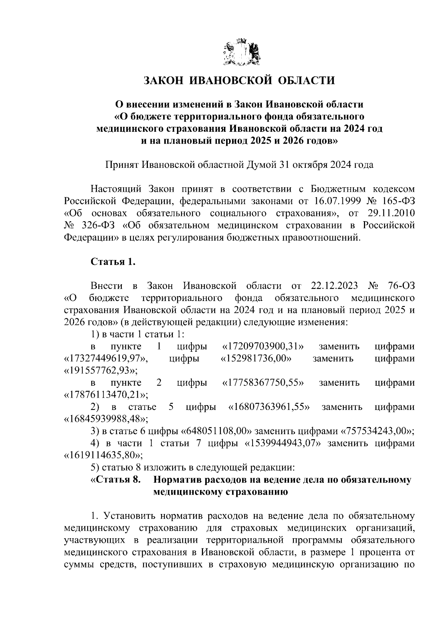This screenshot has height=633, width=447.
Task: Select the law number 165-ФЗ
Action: click(x=399, y=201)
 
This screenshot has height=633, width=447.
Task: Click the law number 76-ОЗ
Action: click(x=400, y=286)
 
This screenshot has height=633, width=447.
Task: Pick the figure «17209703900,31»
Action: click(x=263, y=347)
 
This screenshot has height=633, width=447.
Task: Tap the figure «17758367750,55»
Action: click(x=263, y=383)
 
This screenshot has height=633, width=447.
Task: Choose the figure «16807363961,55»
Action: click(x=269, y=407)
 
